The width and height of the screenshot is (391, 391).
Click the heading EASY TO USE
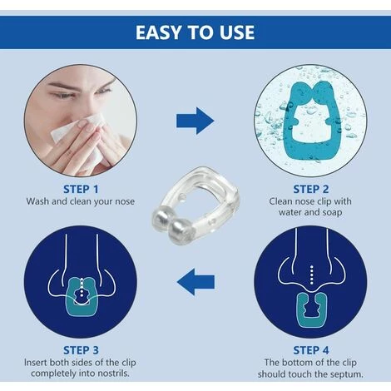195,32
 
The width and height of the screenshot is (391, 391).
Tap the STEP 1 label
81,189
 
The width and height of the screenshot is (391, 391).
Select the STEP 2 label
311,189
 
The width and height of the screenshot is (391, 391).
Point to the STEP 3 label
81,350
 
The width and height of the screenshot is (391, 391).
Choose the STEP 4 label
311,350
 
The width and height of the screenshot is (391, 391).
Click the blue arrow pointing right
195,121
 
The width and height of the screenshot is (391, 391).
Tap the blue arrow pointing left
195,282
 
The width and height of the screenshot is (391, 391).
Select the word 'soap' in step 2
331,212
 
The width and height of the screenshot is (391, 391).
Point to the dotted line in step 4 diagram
312,275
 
